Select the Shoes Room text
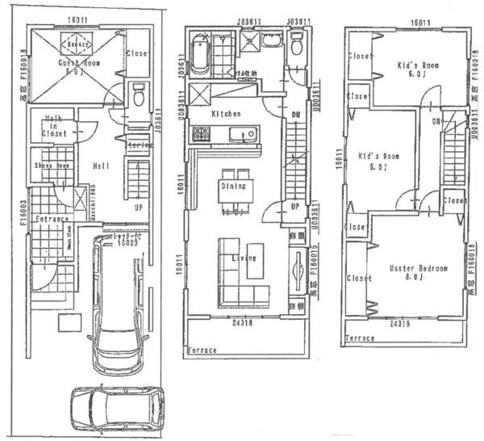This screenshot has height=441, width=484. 50,167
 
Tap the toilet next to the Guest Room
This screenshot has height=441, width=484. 138,95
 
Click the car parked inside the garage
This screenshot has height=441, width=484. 118,299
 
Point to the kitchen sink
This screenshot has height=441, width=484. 236,135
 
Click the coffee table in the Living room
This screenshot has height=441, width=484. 257,258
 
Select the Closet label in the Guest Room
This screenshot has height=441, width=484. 138,55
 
